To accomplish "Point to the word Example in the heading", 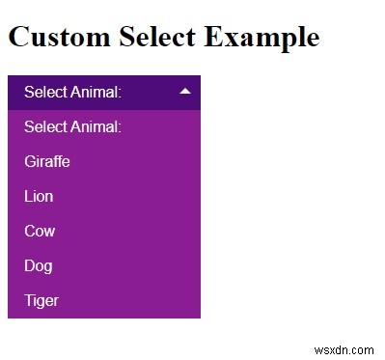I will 261,39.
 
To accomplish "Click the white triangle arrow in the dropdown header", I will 185,91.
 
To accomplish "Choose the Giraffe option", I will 47,161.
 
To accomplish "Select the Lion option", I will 39,196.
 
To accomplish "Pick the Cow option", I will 40,231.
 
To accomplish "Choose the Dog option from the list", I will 38,265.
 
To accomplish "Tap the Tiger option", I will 41,300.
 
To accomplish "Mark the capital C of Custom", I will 17,38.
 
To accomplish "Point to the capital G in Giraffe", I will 30,161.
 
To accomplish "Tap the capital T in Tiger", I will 29,300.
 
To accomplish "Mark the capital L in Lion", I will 28,196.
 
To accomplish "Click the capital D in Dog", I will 29,265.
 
